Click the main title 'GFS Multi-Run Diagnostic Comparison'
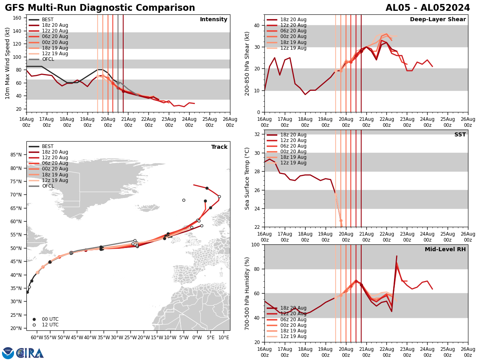100,8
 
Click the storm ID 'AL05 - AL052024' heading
428,8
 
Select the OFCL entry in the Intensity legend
48,59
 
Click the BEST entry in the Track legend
48,146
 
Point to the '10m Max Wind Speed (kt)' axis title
8,63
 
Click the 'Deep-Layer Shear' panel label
438,20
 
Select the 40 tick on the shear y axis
257,25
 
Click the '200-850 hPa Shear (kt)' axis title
247,63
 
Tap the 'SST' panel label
460,135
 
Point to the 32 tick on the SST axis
257,134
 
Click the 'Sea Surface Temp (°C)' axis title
247,178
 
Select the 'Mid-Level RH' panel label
445,250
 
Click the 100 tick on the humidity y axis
255,244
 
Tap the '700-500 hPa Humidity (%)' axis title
247,293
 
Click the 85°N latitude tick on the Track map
16,155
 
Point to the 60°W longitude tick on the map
36,337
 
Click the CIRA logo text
30,353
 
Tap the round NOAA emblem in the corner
8,353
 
